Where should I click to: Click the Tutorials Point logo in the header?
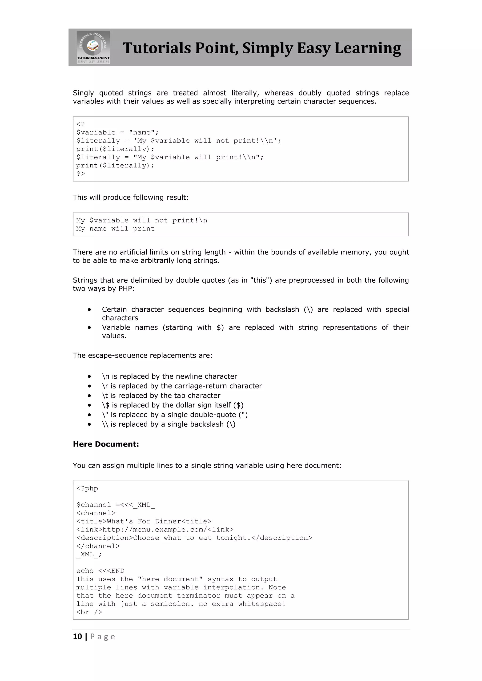coord(93,47)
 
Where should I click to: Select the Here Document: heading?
coord(106,444)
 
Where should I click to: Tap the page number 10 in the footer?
coord(77,637)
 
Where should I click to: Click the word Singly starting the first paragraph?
coord(83,93)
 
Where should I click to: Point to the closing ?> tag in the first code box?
coord(80,174)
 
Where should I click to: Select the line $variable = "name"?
coord(117,133)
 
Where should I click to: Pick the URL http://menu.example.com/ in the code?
coord(155,530)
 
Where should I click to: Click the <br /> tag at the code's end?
coord(89,612)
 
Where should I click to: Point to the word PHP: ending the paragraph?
coord(126,289)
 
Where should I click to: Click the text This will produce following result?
coord(131,198)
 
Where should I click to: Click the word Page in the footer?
coord(102,637)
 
